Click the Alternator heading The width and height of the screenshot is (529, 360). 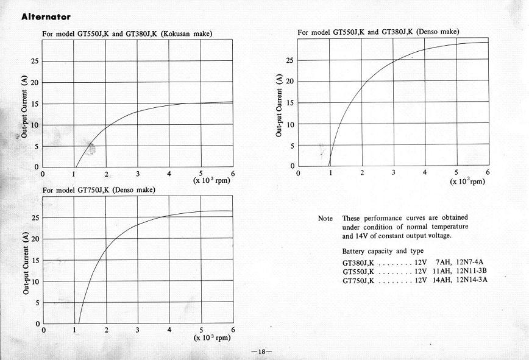[x=46, y=16]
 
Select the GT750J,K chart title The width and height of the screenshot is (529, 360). [x=99, y=190]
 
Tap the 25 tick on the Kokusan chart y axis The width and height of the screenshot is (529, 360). [x=35, y=61]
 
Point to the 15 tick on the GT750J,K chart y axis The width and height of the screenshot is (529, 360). [x=35, y=261]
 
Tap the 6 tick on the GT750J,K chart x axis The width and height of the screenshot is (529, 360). [x=232, y=331]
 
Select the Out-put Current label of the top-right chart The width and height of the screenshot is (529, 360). [x=279, y=104]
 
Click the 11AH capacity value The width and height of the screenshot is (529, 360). [x=441, y=271]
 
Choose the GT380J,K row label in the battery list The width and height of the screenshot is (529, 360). [x=358, y=263]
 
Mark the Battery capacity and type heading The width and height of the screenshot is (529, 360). [x=383, y=251]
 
